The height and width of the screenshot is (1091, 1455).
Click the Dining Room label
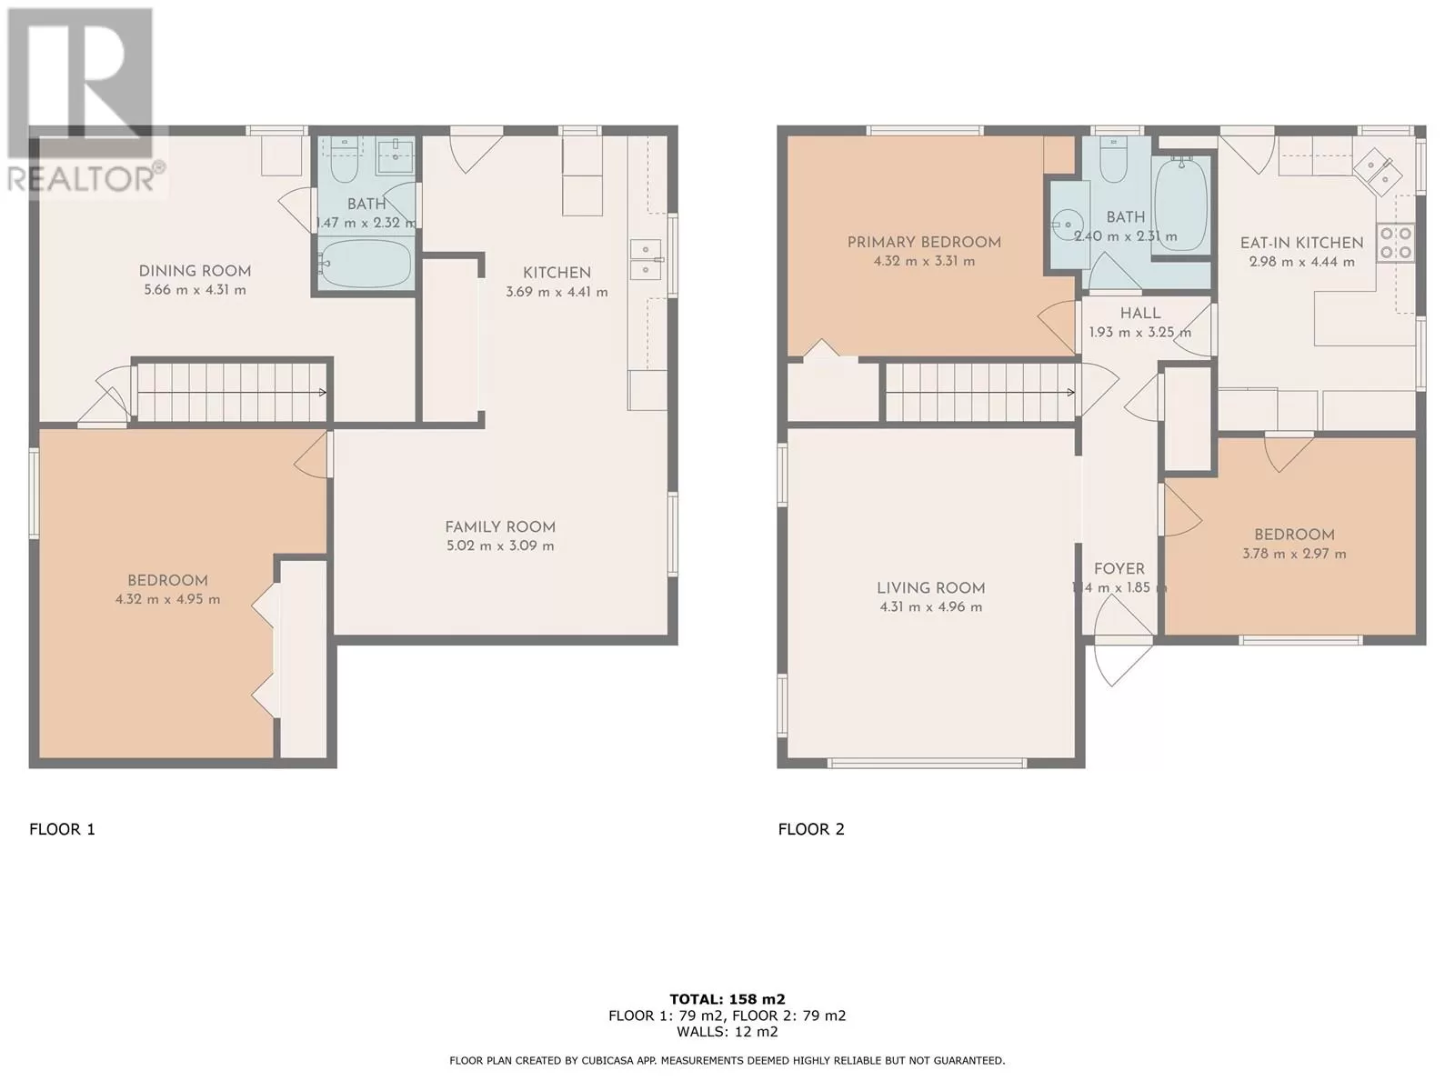195,271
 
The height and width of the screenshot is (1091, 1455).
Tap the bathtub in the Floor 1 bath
365,263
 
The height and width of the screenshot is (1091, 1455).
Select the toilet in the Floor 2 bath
1113,159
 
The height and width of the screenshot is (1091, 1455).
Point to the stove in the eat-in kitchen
1395,243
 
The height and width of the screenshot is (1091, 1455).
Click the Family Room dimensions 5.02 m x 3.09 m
500,546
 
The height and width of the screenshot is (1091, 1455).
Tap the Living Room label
930,588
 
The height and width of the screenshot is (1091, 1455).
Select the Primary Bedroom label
924,243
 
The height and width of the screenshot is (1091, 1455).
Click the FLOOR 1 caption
63,829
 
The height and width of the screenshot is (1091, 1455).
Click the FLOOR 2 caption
811,829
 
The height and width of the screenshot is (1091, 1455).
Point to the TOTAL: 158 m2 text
727,999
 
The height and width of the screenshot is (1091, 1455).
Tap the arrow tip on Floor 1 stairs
326,393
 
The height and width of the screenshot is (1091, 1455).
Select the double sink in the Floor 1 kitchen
645,260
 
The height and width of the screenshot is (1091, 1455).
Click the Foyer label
1119,569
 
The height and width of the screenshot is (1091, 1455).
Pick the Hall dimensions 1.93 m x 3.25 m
1140,333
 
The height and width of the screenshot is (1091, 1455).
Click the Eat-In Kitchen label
1302,243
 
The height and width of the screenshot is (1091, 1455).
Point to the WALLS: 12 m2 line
727,1031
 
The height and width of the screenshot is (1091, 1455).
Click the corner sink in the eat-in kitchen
1378,172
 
